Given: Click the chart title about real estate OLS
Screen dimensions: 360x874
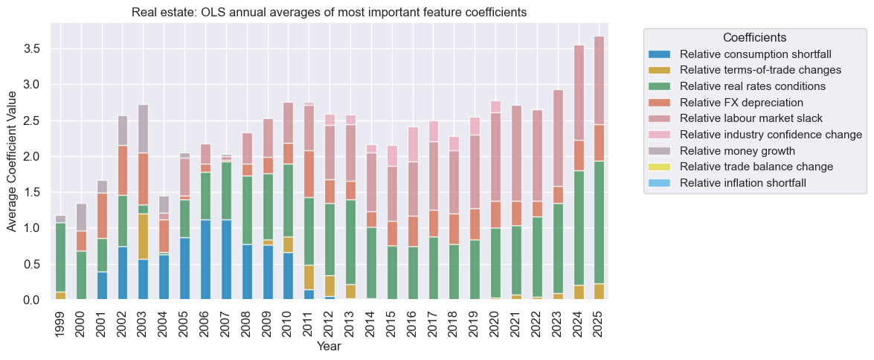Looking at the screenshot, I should [330, 12].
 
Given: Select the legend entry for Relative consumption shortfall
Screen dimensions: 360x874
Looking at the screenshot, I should [755, 54].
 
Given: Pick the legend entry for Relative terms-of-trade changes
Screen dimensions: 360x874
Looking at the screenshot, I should [760, 70].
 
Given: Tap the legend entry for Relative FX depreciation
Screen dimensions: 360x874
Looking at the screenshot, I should [742, 102].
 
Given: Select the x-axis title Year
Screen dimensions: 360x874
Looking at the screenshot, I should [330, 347].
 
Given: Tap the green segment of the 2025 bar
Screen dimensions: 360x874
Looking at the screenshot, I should [599, 222].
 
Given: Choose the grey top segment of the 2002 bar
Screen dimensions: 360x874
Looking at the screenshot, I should [123, 130].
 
